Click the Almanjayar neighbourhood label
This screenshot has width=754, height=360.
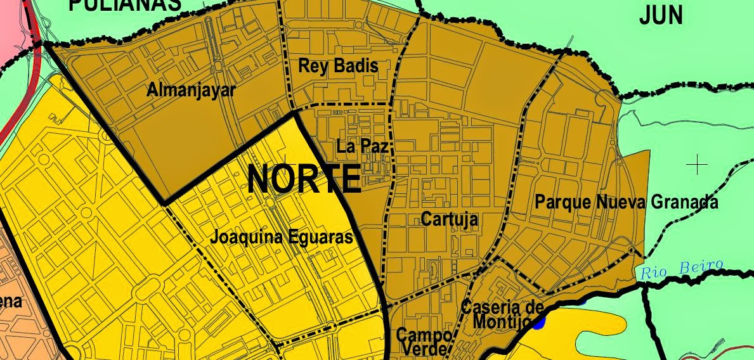tap(190, 90)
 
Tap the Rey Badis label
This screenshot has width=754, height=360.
tap(338, 66)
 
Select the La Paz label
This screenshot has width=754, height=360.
tap(362, 146)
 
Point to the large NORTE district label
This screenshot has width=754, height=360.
tap(304, 179)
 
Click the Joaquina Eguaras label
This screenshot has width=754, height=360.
tap(281, 238)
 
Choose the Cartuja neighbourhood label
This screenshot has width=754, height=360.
tap(449, 220)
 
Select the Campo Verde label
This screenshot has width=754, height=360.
tap(424, 341)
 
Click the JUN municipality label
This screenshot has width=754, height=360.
tap(661, 15)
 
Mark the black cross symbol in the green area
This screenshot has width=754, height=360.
tap(697, 165)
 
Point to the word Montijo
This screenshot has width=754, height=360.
tap(501, 322)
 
